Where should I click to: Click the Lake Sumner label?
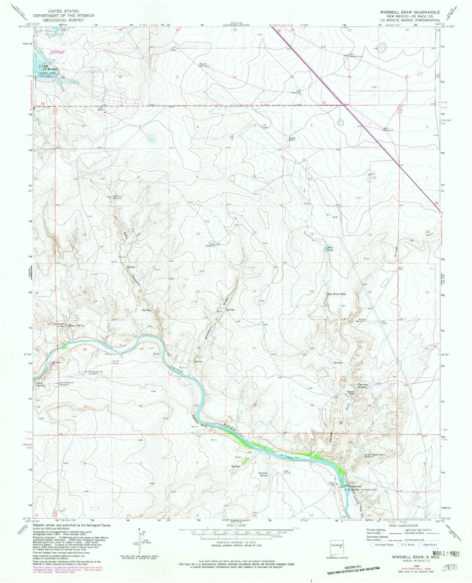coord(48,68)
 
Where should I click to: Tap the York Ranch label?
coord(101,110)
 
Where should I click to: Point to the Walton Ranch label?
coord(291,139)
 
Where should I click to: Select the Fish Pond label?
coord(330,249)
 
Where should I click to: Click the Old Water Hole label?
coord(336,294)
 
